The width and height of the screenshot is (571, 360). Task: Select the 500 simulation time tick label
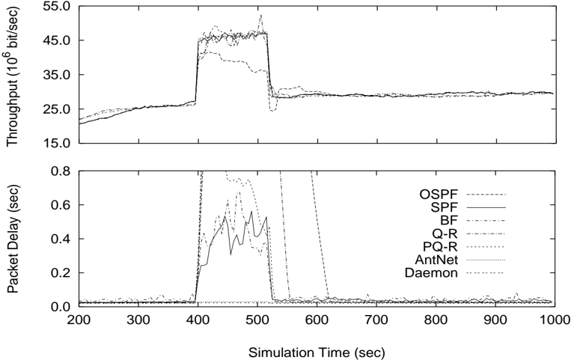click(257, 320)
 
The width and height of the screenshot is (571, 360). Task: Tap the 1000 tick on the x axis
click(554, 320)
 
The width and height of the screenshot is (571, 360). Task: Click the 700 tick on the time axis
click(376, 320)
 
